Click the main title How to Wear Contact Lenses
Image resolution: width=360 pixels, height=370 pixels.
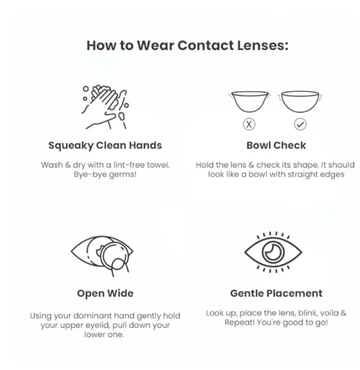pos(188,45)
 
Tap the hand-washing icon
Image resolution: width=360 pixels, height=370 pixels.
pos(106,107)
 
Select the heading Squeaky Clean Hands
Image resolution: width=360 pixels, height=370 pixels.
pos(105,145)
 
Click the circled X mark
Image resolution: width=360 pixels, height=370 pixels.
pos(249,124)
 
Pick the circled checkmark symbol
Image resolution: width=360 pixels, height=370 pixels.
pos(300,124)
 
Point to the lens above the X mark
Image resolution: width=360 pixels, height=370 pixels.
pos(250,102)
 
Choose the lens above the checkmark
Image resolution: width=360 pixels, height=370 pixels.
pos(300,102)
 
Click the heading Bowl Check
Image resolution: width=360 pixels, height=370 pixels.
pos(276,145)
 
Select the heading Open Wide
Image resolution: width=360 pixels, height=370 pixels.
pos(106,294)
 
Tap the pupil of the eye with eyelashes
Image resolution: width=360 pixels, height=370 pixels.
pos(273,252)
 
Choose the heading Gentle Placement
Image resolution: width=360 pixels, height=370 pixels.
pos(276,294)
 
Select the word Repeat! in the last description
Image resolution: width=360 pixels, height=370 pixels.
pos(240,323)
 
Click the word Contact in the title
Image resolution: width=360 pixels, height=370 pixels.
pos(206,45)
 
